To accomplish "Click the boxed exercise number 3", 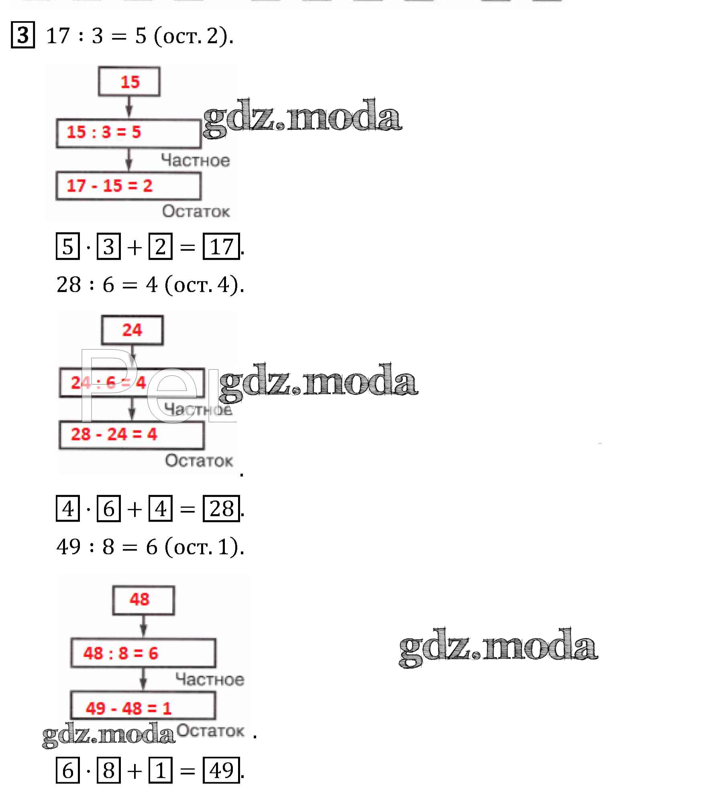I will (x=23, y=35).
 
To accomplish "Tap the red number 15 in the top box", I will (x=129, y=82).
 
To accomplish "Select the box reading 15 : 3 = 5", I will (x=128, y=133).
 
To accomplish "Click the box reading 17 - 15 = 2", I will (x=128, y=186).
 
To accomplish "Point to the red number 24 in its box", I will (x=132, y=330).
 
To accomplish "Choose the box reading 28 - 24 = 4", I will (x=132, y=435).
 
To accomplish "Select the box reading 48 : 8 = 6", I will (x=143, y=653).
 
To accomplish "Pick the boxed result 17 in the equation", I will (x=221, y=246).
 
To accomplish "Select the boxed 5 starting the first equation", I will (x=68, y=246).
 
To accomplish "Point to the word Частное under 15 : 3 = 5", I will (x=196, y=160).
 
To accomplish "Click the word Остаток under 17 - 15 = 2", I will (x=196, y=211).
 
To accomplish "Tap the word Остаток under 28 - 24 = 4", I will (x=199, y=461).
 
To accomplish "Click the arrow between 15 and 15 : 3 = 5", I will (x=129, y=107).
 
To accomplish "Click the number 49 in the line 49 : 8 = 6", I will (x=69, y=547).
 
